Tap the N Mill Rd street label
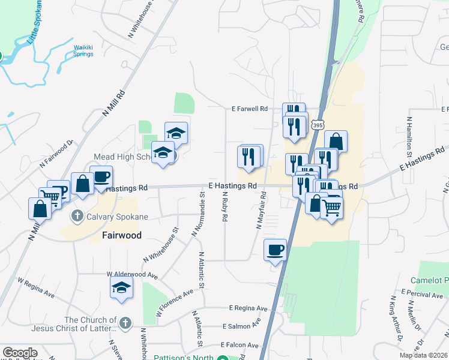pos(114,103)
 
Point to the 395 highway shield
pos(318,125)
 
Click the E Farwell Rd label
pos(250,109)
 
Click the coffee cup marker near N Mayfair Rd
pos(276,250)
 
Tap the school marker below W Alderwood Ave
pos(121,289)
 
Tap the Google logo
pos(20,353)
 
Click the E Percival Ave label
pos(423,295)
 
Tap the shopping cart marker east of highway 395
pos(332,208)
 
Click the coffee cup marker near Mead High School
pos(101,177)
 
